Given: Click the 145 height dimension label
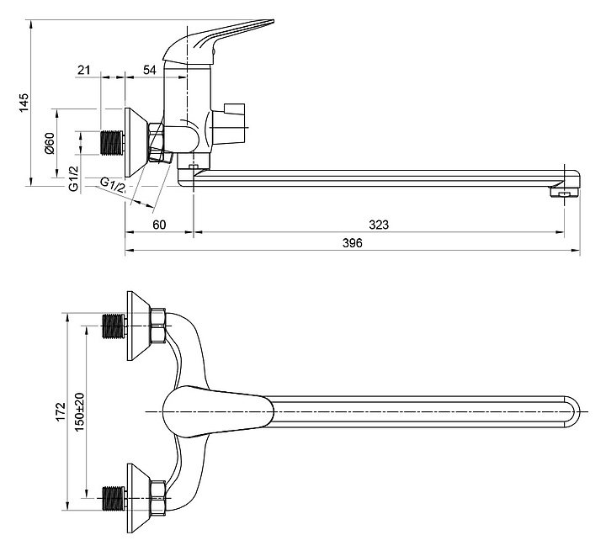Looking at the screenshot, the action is point(24,103).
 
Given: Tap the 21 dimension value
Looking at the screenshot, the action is point(84,70).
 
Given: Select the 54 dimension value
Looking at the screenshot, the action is point(150,70).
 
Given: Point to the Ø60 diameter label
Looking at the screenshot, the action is point(50,143).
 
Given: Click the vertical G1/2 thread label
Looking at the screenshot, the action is point(73,178).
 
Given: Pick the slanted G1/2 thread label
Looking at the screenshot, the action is point(113,185).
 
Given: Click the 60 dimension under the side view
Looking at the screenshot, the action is point(159,225).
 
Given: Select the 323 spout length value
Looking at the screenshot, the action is point(379,225).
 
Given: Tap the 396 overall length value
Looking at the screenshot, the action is point(353,242).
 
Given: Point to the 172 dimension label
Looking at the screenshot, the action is point(61,411).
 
